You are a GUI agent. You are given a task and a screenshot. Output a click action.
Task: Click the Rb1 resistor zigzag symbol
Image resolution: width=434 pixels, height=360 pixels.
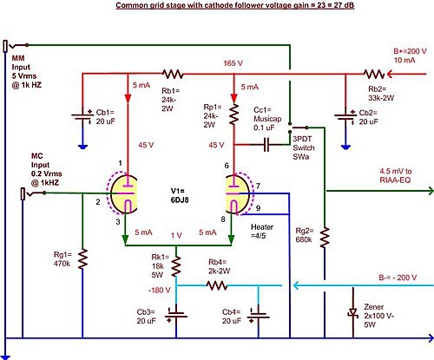tap(173, 74)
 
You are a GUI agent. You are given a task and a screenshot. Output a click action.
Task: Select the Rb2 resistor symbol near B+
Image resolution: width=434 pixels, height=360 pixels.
tap(374, 74)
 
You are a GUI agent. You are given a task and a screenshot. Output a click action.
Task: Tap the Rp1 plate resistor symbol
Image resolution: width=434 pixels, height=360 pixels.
tap(233, 115)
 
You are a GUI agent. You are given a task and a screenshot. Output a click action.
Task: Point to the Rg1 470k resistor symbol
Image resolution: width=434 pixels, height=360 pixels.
tap(82, 259)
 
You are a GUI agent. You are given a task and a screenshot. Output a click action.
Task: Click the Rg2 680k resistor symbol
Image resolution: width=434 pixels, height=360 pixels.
tap(325, 238)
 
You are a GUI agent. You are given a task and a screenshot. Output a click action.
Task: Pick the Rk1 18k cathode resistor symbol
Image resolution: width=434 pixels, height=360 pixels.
tap(176, 266)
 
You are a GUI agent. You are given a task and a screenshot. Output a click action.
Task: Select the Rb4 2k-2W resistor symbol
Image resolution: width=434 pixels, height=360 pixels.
tap(217, 285)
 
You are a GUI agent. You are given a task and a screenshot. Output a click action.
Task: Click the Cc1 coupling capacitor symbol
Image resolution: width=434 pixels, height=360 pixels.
tap(266, 144)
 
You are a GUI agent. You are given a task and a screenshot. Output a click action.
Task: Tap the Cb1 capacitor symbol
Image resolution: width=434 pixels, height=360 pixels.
tap(82, 116)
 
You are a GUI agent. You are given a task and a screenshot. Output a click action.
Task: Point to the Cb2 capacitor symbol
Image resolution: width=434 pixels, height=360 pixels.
tap(345, 116)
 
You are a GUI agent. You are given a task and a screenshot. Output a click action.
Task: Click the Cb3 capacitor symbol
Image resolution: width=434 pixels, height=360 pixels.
tap(176, 315)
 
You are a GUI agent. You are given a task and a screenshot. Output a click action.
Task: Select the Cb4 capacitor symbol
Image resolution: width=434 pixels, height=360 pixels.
tap(259, 315)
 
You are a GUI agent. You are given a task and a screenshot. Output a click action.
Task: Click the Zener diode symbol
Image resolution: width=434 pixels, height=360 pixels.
tap(353, 313)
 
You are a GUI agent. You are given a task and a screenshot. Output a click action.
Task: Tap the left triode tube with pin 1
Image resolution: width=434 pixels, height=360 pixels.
tap(123, 193)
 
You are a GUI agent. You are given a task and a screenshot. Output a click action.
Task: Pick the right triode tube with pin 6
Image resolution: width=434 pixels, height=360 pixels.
tap(239, 193)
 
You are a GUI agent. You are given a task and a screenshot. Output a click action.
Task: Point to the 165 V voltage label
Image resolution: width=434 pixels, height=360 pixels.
tap(233, 63)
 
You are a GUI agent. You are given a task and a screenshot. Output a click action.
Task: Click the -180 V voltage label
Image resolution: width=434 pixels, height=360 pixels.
tap(160, 290)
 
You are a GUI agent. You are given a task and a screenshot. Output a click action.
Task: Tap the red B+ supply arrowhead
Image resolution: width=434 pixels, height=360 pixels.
tap(390, 74)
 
